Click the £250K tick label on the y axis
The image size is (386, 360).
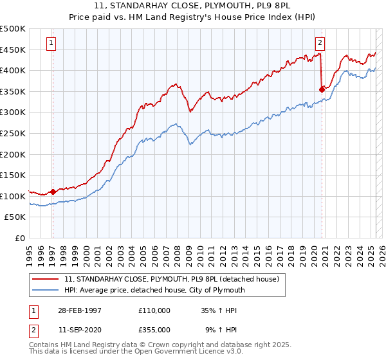point(12,133)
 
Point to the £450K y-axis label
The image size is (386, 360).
point(12,50)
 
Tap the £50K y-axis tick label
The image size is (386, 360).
point(15,217)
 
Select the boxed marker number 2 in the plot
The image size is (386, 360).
point(320,43)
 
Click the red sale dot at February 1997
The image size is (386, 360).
point(53,191)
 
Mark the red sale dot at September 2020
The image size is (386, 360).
point(322,89)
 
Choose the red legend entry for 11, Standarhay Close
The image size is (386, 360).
point(170,279)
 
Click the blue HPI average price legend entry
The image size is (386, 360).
point(155,290)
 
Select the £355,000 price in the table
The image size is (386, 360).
point(154,329)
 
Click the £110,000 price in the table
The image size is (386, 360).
point(154,310)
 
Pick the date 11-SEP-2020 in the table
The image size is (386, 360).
point(78,329)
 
